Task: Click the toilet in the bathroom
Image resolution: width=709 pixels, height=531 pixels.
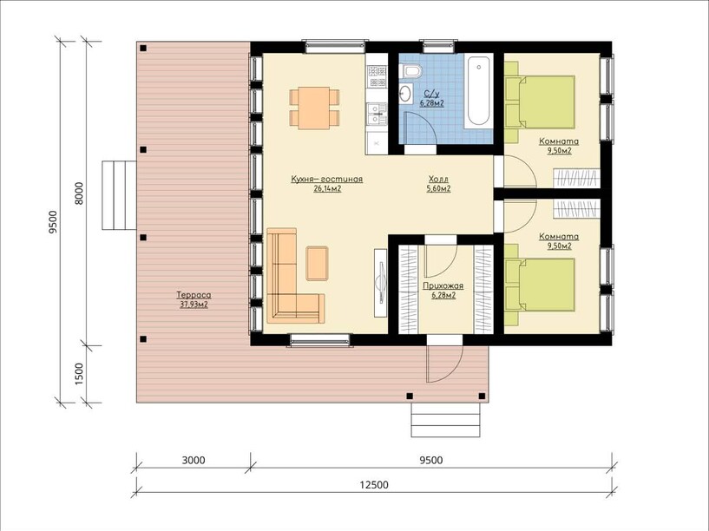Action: coord(411,69)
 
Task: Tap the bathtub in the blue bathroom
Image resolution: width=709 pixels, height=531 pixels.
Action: coord(478,90)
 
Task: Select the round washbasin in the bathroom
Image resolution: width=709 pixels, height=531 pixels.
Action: coord(405,94)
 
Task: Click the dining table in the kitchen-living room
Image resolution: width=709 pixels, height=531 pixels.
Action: coord(314,108)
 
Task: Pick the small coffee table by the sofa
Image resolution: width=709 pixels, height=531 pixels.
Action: coord(317,264)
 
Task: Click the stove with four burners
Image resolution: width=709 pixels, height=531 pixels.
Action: coord(377,76)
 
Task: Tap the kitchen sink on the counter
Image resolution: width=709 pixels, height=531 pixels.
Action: coord(377,114)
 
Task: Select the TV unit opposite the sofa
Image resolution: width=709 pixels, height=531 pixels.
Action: coord(380,283)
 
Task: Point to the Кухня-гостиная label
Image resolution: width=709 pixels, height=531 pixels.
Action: coord(327,180)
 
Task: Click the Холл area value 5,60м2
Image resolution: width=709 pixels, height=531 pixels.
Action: coord(438,189)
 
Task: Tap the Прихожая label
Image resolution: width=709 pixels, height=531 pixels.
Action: coord(443,286)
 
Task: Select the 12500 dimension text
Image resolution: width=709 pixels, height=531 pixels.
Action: coord(374,485)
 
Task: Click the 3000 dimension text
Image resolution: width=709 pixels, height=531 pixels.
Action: coord(193,460)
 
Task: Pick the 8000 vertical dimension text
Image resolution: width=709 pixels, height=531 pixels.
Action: coord(79,193)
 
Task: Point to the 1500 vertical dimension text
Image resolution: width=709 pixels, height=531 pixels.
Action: coord(79,374)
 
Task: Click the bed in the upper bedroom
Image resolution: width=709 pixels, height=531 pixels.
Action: coord(540,102)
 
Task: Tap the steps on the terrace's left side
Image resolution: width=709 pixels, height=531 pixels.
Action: coord(119,195)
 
